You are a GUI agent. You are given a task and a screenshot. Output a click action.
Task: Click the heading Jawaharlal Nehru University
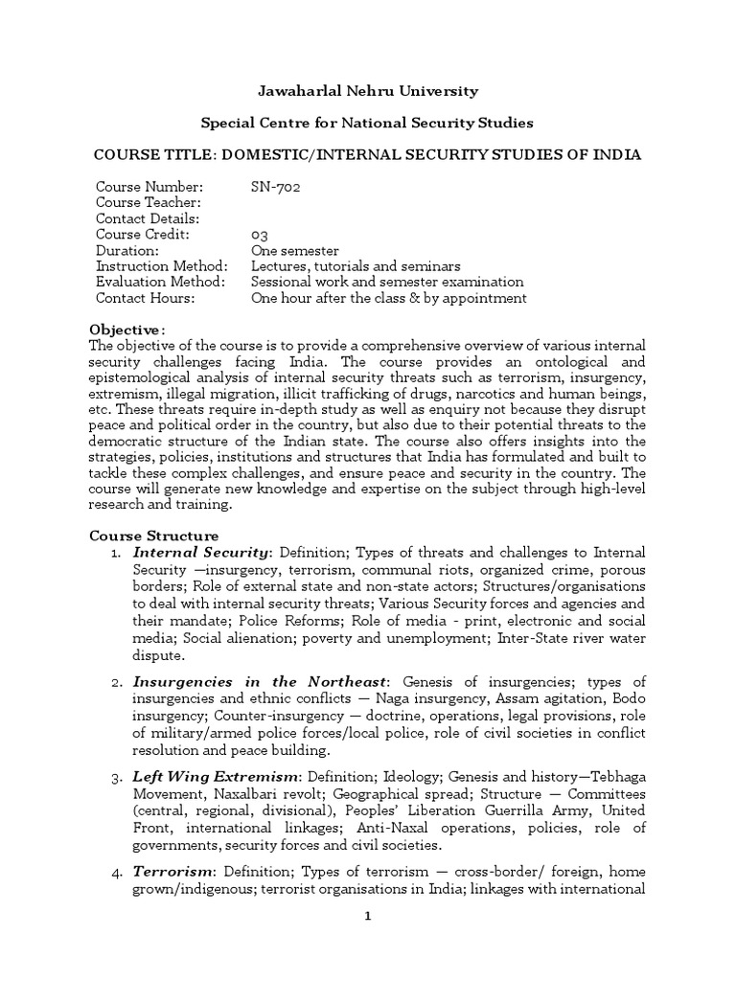click(x=368, y=91)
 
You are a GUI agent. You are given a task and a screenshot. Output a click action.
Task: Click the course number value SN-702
click(x=276, y=187)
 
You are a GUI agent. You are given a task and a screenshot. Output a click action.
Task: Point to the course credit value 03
click(x=259, y=235)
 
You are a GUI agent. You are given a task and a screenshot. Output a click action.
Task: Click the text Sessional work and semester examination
click(x=386, y=282)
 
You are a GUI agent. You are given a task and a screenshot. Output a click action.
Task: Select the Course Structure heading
click(x=153, y=536)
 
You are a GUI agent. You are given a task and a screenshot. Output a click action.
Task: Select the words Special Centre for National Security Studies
click(x=367, y=123)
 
